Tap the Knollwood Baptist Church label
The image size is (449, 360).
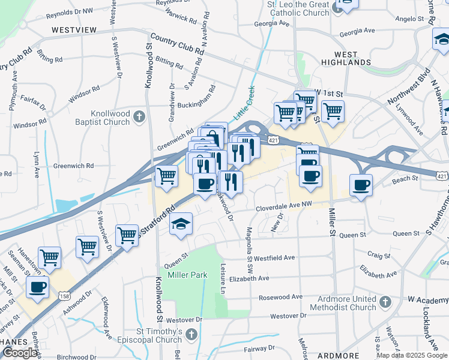pos(110,118)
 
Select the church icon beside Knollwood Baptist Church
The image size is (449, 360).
pos(139,116)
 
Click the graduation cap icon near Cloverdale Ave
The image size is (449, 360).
pos(181,224)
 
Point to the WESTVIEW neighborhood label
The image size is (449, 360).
pos(75,29)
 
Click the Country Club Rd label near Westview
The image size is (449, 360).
pos(177,44)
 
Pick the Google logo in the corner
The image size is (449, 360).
pos(20,353)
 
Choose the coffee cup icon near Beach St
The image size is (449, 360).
pos(361,185)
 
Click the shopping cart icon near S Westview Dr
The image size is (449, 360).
pos(87,247)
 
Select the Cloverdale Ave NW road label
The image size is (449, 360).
pos(284,205)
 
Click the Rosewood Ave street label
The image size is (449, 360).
pos(280,297)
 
